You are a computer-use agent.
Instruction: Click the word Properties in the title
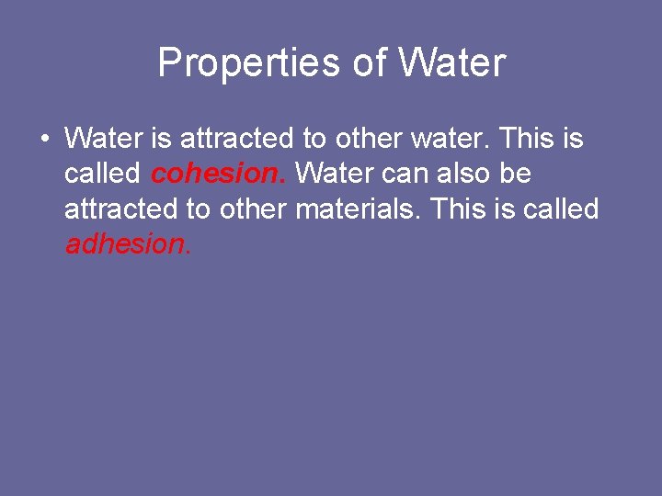tap(251, 63)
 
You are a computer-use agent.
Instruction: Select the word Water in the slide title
tap(451, 63)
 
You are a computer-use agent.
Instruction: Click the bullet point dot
tap(43, 140)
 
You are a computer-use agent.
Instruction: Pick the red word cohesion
tap(217, 174)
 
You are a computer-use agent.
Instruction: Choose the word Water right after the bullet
tap(98, 139)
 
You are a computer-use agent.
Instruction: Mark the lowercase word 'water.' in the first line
tap(454, 139)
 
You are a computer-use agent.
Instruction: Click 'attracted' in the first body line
tap(237, 139)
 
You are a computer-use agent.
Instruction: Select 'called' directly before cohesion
tap(102, 174)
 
